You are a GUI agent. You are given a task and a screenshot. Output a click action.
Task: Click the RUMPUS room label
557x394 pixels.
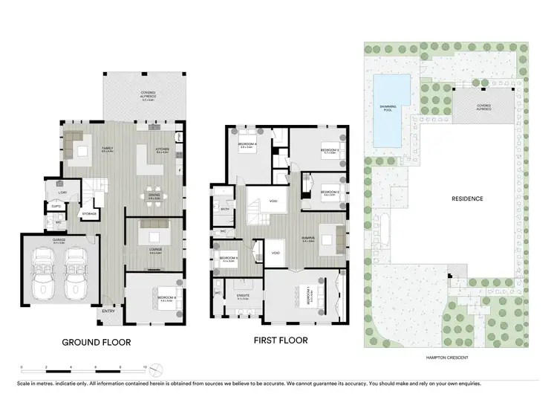[x=310, y=239]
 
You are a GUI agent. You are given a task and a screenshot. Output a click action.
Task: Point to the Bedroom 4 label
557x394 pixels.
[x=247, y=145]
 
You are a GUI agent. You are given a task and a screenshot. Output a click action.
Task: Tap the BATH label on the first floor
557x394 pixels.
[x=225, y=210]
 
